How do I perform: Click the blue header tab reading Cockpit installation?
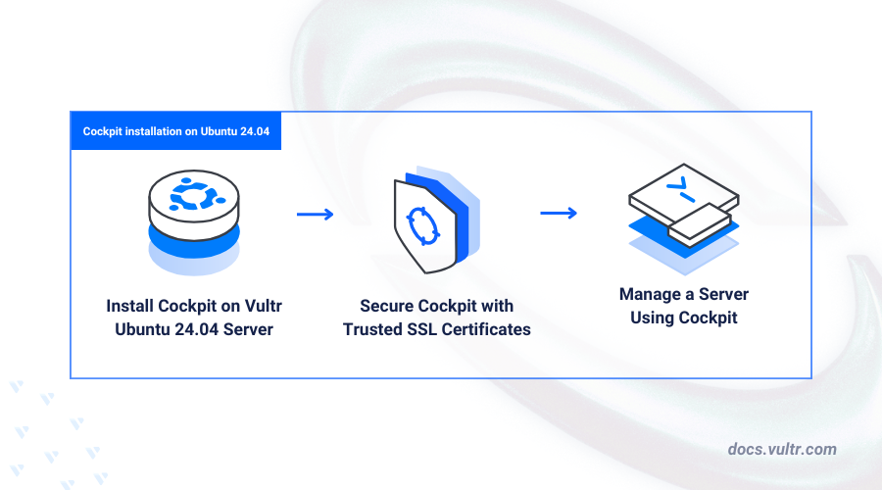coord(175,130)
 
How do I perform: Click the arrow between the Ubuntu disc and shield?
coord(315,214)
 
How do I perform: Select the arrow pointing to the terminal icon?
coord(557,213)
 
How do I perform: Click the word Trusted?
coord(372,329)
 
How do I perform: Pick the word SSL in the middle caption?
coord(425,329)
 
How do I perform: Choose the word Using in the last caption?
coord(654,318)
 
